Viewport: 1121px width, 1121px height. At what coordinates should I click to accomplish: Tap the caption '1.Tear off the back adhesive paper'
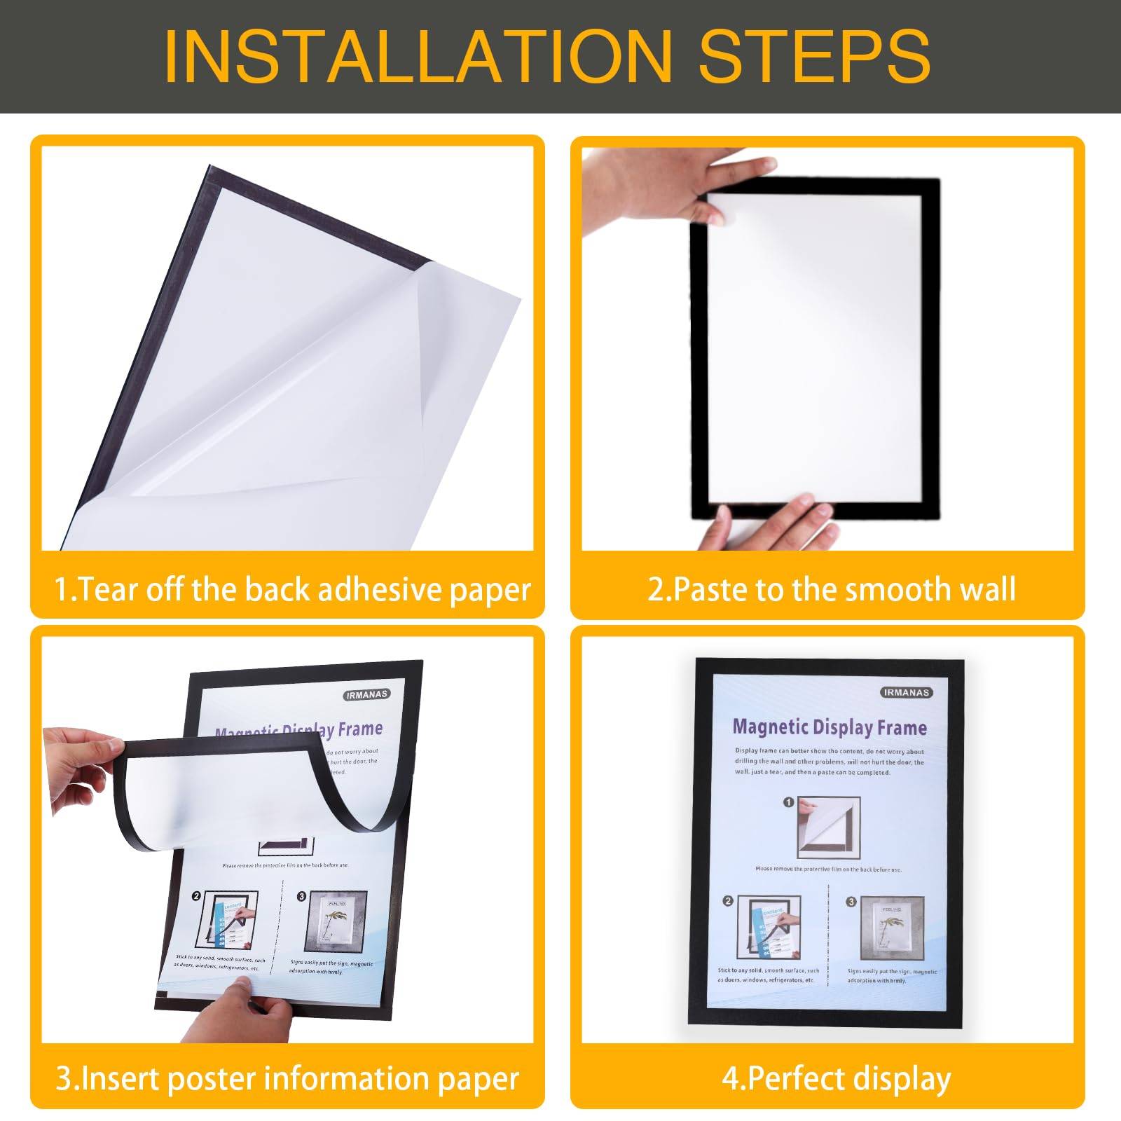click(293, 589)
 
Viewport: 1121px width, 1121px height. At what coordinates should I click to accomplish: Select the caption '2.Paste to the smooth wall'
click(832, 589)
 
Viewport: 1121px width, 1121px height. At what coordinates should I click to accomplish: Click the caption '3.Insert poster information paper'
click(287, 1078)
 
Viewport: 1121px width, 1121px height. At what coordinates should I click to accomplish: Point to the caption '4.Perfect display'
click(837, 1078)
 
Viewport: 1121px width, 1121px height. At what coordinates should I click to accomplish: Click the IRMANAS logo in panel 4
click(906, 692)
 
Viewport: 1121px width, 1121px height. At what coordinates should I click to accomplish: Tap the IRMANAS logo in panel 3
click(366, 695)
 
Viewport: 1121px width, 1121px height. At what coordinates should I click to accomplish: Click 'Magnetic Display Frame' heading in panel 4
click(830, 727)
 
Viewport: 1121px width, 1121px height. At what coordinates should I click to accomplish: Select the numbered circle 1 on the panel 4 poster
click(788, 802)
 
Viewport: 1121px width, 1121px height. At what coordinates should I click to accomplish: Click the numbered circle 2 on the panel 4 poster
click(727, 901)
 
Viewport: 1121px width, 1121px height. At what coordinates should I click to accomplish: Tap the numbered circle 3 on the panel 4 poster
click(851, 901)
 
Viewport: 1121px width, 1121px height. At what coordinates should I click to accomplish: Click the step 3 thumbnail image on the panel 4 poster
click(891, 928)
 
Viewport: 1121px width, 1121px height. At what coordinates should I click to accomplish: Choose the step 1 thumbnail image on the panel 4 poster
click(828, 827)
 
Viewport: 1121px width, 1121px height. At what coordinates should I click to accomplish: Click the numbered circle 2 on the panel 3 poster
click(196, 896)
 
